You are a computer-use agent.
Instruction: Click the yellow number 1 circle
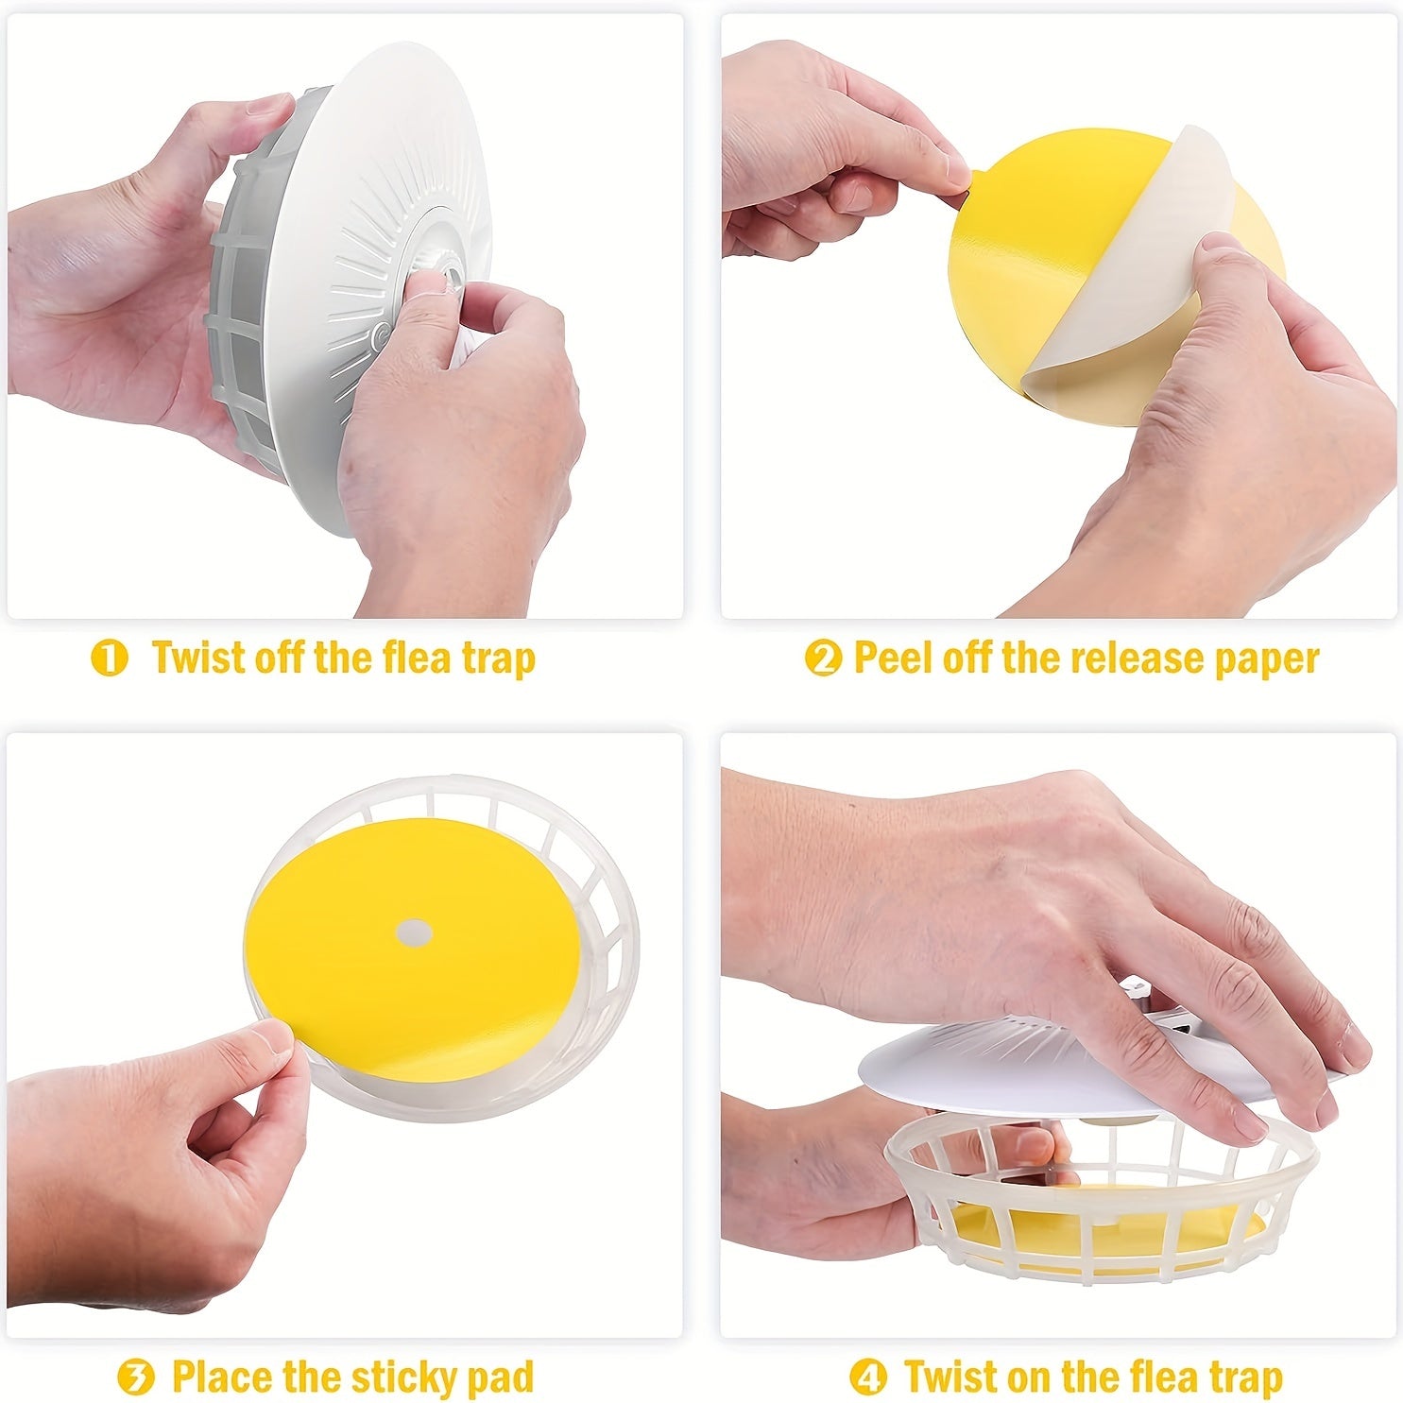pos(110,659)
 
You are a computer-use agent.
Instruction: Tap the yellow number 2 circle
pos(823,659)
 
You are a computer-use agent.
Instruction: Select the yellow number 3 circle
pos(136,1377)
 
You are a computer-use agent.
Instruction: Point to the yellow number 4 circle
pos(868,1377)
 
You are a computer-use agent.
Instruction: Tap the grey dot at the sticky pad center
pos(414,932)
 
